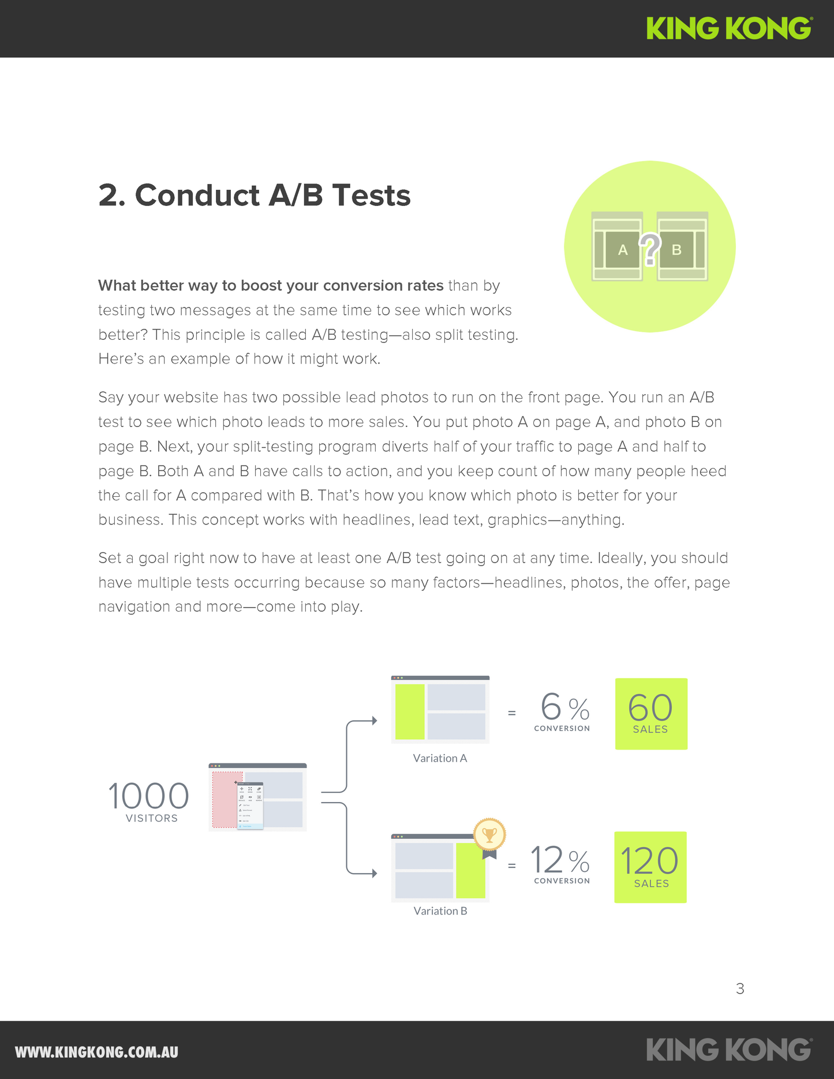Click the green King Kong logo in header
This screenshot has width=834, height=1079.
coord(729,28)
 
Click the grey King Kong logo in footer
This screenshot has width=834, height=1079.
coord(729,1050)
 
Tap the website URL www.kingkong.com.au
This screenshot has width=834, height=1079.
coord(96,1052)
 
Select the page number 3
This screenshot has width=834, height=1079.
coord(740,989)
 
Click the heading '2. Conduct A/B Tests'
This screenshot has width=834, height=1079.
coord(255,195)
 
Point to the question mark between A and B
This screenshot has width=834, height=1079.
coord(650,249)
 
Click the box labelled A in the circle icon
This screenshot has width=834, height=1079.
coord(622,250)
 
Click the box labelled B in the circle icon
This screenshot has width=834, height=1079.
coord(676,250)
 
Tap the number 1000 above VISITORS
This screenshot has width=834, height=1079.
coord(148,796)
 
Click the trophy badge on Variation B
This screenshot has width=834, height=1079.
coord(489,834)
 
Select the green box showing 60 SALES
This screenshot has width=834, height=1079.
coord(651,714)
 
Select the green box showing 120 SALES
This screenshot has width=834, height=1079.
coord(650,867)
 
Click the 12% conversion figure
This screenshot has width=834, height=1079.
coord(560,861)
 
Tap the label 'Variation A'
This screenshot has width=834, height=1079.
coord(440,758)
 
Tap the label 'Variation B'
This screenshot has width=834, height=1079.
coord(440,911)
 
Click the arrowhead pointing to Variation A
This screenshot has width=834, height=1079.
coord(374,721)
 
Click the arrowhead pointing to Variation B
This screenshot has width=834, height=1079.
coord(374,874)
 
